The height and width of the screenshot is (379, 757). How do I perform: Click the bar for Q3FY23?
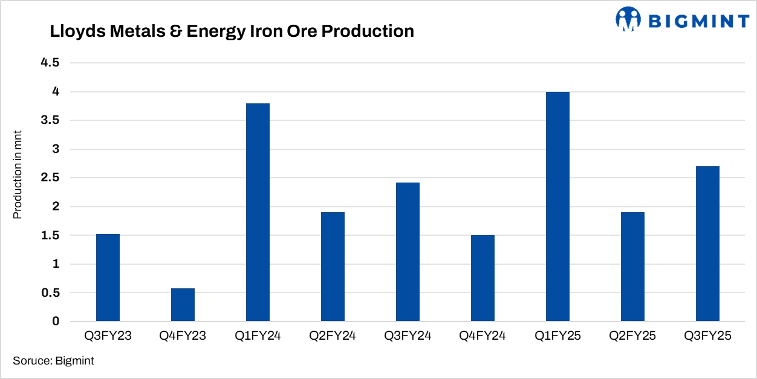point(108,277)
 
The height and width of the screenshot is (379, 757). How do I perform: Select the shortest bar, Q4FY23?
point(183,305)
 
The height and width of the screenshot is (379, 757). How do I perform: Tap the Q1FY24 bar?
point(258,212)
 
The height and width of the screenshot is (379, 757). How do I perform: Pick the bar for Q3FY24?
point(408,251)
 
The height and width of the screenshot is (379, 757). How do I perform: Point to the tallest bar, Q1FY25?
point(557,206)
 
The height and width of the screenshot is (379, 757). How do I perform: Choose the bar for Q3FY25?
point(707,244)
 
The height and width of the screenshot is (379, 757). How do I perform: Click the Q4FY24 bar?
point(482,278)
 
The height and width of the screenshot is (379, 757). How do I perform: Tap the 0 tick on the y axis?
point(56,322)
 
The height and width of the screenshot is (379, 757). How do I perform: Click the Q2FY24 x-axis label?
point(333,336)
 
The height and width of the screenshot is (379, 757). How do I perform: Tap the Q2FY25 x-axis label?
point(632,336)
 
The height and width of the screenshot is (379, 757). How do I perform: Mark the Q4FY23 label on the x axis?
point(183,336)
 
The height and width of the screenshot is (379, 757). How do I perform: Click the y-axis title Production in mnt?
point(18,175)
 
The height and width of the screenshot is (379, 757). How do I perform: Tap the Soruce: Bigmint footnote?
point(53,361)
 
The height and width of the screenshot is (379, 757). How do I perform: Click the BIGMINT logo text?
point(698,21)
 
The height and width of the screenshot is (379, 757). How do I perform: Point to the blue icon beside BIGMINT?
point(628,19)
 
